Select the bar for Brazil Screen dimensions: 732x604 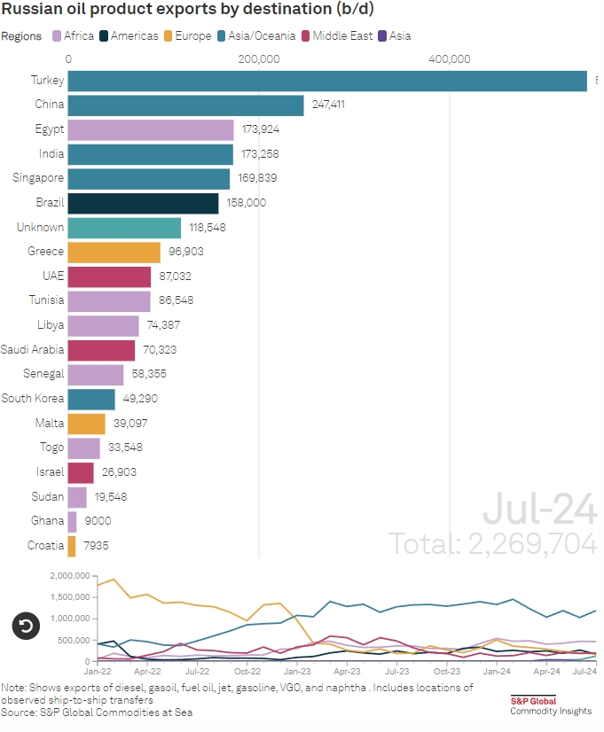143,203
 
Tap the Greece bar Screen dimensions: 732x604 114,252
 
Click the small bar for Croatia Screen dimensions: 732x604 72,545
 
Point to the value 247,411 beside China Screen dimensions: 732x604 327,105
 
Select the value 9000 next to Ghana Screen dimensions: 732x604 98,521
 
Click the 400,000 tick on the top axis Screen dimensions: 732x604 449,59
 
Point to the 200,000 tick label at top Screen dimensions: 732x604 258,59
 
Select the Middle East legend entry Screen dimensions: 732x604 336,36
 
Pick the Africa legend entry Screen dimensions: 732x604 75,36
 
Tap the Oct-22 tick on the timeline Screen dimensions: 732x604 247,673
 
